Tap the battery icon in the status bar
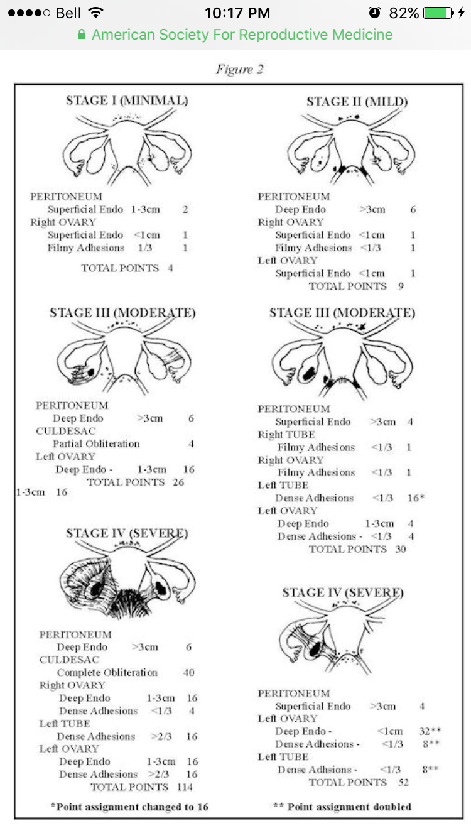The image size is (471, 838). (x=438, y=13)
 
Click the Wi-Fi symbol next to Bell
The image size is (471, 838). (x=96, y=13)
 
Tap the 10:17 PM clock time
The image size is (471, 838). (x=237, y=13)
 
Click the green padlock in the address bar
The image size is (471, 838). (x=81, y=35)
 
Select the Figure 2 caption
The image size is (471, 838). (x=239, y=69)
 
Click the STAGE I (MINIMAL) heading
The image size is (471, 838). (x=127, y=100)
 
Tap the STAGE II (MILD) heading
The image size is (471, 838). (x=357, y=102)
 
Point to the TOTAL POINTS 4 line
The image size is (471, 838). (x=127, y=268)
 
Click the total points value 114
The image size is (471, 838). (x=184, y=787)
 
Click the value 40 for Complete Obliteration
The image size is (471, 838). (x=188, y=672)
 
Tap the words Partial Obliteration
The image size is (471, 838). (x=96, y=443)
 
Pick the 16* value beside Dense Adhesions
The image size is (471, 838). (x=415, y=498)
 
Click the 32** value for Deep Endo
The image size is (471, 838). (x=426, y=731)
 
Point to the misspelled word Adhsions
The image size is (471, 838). (x=317, y=770)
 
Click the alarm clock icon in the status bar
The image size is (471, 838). (x=374, y=13)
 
